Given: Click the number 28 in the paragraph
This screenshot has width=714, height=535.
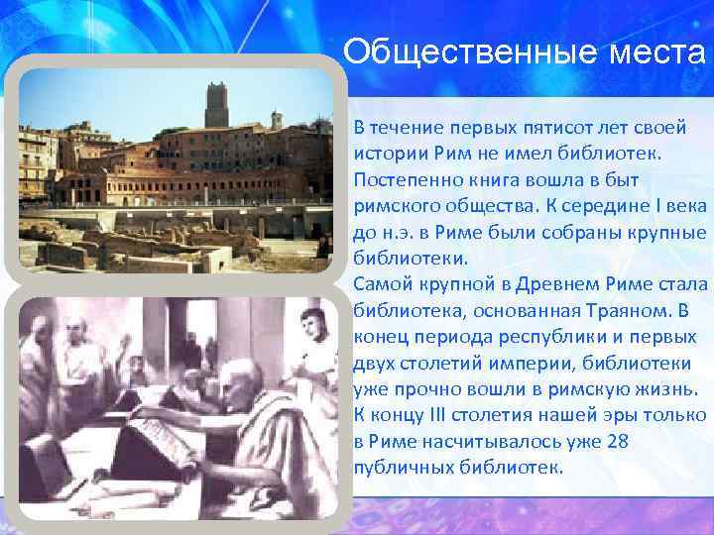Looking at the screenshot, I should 616,440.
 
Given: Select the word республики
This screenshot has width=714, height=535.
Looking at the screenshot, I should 545,336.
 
